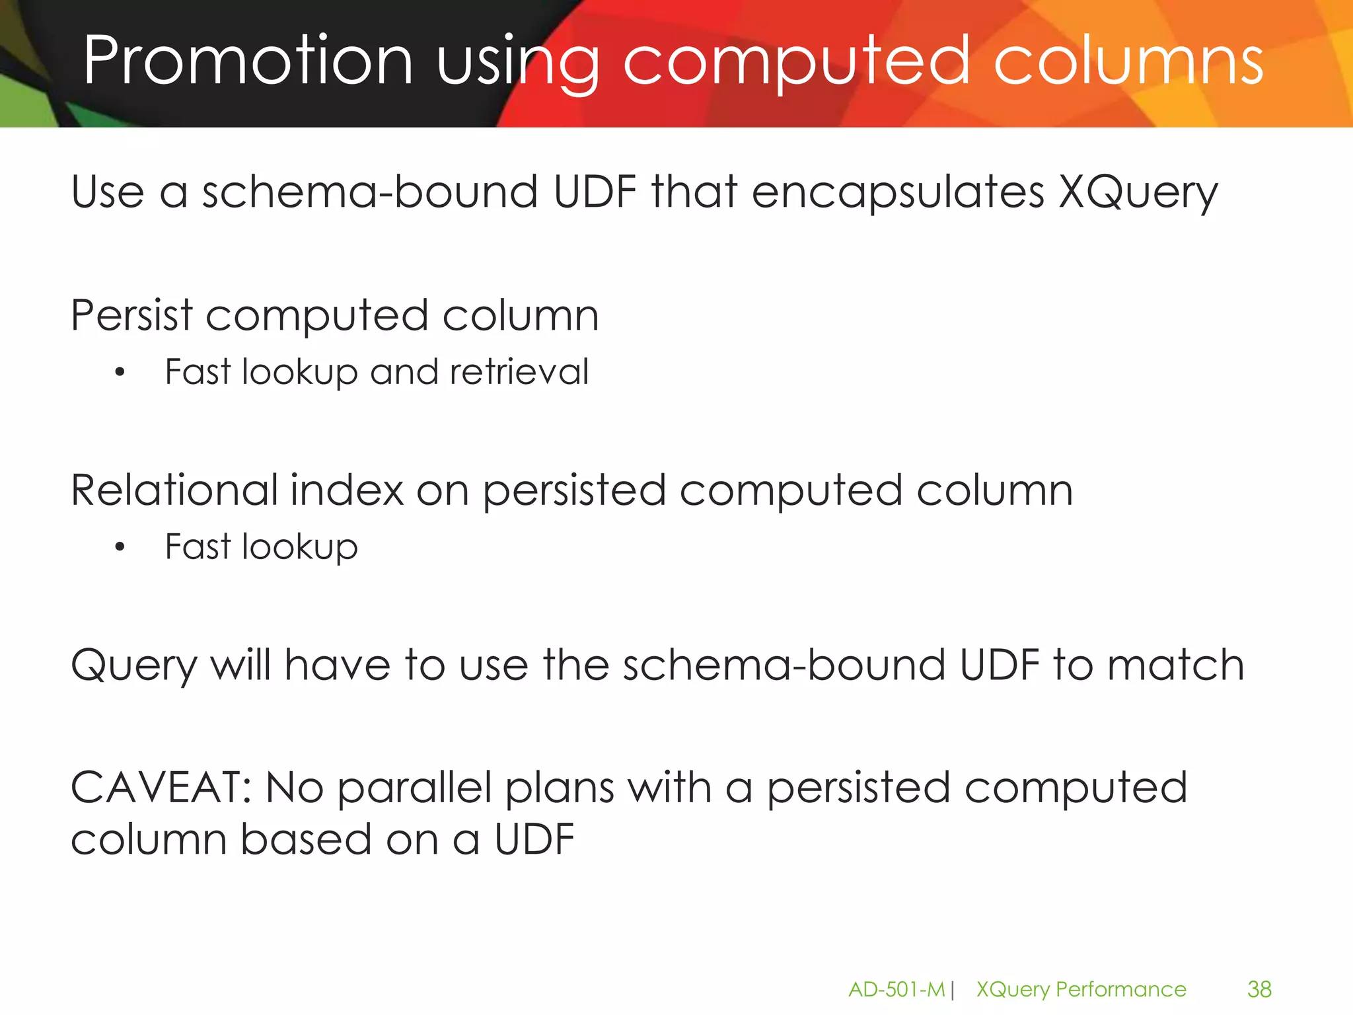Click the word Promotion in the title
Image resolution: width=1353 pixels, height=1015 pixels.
[248, 61]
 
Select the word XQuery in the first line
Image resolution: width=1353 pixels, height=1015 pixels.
[1138, 193]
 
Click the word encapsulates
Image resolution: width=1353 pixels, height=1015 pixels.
[898, 193]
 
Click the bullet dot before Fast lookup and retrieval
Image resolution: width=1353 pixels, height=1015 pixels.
[120, 373]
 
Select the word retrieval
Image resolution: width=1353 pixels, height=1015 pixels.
[519, 371]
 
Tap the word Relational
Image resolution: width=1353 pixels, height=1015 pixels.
[174, 490]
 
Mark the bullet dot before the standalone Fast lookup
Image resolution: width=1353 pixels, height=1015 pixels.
[120, 547]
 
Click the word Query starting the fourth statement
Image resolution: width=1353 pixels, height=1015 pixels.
[134, 666]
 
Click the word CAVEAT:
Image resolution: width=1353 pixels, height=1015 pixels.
[161, 788]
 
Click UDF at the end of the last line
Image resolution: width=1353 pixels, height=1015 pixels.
[534, 839]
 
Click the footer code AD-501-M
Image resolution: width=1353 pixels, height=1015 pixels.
[896, 989]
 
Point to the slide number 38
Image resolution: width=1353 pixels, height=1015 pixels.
[1259, 989]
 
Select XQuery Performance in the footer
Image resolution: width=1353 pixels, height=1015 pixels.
[1081, 989]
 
